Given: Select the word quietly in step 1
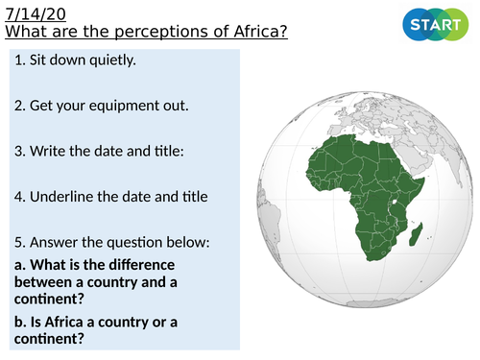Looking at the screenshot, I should click(112, 62).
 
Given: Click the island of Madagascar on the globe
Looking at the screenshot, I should click(415, 232).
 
